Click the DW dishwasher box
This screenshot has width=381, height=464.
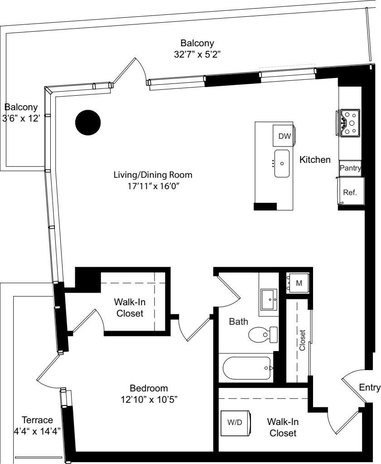(284, 136)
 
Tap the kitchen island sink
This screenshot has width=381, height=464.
(282, 164)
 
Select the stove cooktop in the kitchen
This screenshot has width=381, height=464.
(349, 122)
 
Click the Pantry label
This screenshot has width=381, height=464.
(350, 168)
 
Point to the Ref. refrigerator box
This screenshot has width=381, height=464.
(350, 192)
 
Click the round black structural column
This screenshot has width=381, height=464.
(87, 122)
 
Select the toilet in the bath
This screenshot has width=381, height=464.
(263, 335)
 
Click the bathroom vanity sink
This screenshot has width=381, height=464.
(270, 300)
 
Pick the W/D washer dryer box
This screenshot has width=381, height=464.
(235, 422)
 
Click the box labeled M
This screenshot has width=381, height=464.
(299, 283)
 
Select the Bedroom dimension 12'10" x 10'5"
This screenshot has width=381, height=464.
(149, 400)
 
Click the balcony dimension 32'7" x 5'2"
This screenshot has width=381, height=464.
(197, 54)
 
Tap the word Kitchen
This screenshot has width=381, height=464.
(315, 160)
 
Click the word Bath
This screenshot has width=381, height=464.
(238, 322)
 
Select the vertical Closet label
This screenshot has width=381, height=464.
(303, 340)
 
